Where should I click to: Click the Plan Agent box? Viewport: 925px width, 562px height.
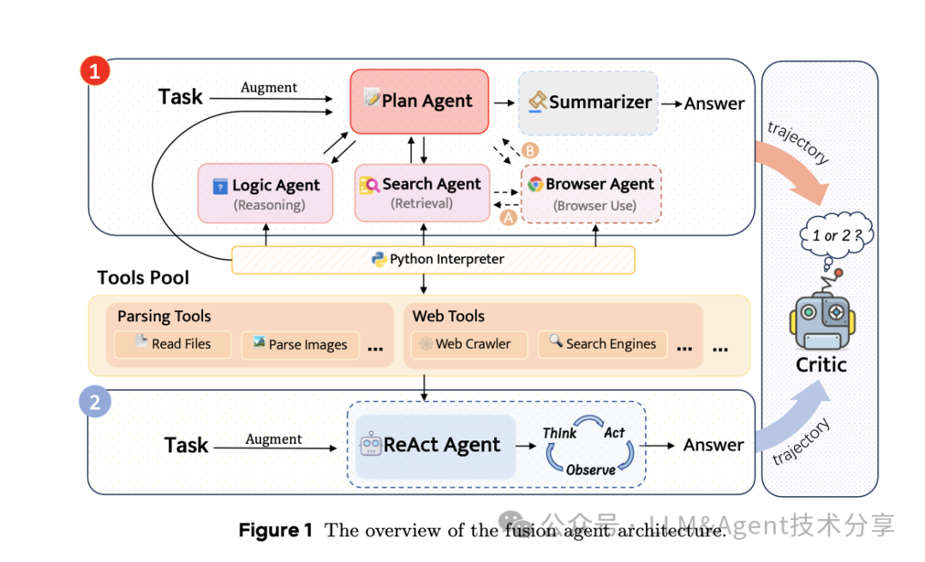(419, 101)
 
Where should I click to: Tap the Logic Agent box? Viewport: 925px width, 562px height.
(266, 193)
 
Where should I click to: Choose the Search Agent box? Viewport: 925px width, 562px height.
(421, 193)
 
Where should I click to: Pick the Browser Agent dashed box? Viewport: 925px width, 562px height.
(591, 194)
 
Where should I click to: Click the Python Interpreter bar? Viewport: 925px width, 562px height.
(433, 260)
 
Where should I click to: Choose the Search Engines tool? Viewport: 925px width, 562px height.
(602, 344)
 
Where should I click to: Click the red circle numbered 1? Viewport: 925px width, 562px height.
(95, 70)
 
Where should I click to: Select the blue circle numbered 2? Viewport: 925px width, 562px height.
(95, 402)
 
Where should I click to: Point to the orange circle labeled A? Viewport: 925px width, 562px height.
(508, 218)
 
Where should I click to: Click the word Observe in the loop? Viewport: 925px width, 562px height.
(590, 469)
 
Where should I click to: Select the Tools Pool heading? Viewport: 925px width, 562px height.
(143, 278)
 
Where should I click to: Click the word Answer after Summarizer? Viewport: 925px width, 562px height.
(713, 104)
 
